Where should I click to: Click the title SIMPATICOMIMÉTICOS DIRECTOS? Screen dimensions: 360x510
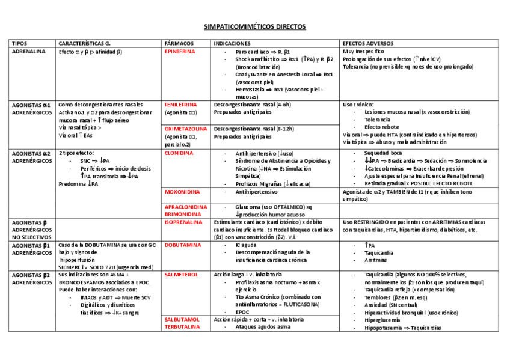coord(255,27)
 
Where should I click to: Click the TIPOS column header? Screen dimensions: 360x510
coord(19,44)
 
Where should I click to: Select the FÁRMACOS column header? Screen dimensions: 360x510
coord(179,44)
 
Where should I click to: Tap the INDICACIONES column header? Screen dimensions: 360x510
coord(232,44)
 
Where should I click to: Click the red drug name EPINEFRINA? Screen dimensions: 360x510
coord(180,52)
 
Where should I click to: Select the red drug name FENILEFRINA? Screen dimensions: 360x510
coord(181,105)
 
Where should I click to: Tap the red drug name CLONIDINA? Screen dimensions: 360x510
coord(179,153)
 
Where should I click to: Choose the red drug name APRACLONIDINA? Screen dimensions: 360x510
coord(186,206)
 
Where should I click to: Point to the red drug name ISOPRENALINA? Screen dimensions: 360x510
coord(184,222)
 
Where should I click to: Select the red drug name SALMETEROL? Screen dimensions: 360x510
coord(181,275)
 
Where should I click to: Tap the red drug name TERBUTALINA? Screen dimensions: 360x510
coord(183,327)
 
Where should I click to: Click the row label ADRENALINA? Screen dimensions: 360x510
coord(28,52)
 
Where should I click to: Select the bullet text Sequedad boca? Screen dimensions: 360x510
coord(385,153)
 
